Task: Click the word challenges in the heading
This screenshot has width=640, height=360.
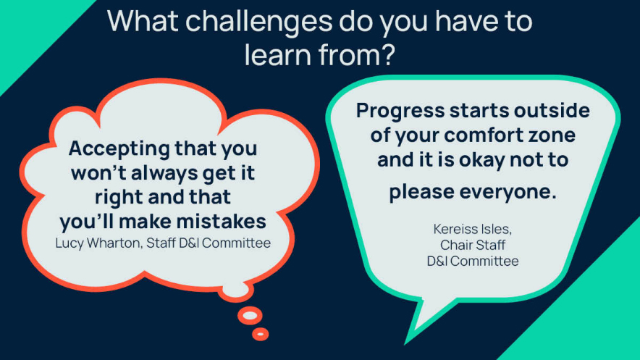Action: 258,22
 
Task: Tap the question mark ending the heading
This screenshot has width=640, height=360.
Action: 387,54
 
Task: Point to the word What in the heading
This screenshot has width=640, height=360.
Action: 143,21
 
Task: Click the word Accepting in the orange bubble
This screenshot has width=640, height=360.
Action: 119,149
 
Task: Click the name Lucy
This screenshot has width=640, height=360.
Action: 69,243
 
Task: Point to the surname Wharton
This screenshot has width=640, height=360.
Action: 114,243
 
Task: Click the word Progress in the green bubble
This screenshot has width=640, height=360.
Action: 400,112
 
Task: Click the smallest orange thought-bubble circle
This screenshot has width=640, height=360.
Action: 261,335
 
